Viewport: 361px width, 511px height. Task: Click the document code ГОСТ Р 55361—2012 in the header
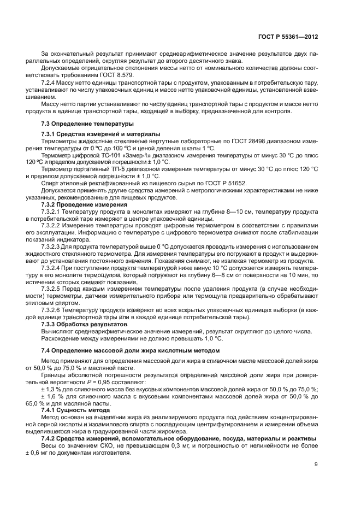[x=288, y=37]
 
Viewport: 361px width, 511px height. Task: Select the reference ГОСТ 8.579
[x=102, y=73]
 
